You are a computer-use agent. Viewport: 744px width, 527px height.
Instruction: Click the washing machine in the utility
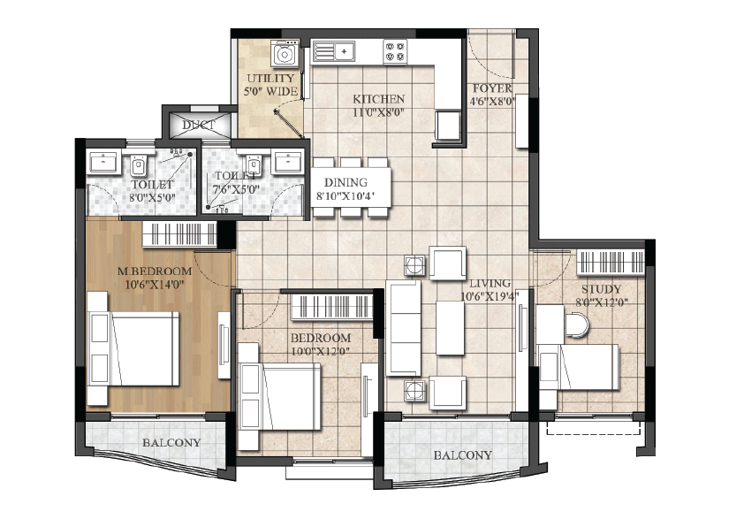[x=285, y=53]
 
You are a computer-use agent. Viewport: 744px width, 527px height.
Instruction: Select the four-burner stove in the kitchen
[x=395, y=52]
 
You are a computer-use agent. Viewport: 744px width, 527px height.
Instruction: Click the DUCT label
[x=199, y=126]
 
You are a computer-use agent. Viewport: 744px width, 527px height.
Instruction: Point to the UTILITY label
[x=270, y=79]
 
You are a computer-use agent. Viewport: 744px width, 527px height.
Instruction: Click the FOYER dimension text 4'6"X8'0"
[x=492, y=101]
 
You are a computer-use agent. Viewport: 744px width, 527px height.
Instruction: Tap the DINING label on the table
[x=345, y=182]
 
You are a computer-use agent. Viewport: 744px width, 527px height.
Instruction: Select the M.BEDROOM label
[x=155, y=271]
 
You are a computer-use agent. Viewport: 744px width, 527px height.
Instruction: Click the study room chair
[x=576, y=325]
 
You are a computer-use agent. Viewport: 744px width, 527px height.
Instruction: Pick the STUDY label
[x=601, y=289]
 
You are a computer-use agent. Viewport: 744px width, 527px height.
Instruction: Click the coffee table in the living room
[x=450, y=327]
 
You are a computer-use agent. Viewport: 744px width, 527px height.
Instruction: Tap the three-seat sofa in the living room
[x=403, y=328]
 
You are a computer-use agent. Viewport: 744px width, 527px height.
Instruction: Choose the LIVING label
[x=490, y=284]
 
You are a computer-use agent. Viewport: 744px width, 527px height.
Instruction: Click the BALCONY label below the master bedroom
[x=171, y=442]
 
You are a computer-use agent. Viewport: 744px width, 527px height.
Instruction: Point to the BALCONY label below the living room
[x=463, y=455]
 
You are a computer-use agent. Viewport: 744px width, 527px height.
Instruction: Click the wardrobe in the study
[x=611, y=263]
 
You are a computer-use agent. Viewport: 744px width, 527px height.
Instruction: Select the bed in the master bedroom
[x=133, y=348]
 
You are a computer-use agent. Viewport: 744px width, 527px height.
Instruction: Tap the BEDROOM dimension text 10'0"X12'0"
[x=321, y=352]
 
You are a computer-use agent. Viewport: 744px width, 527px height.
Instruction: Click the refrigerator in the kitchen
[x=448, y=126]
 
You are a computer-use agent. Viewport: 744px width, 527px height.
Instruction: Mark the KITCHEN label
[x=379, y=99]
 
